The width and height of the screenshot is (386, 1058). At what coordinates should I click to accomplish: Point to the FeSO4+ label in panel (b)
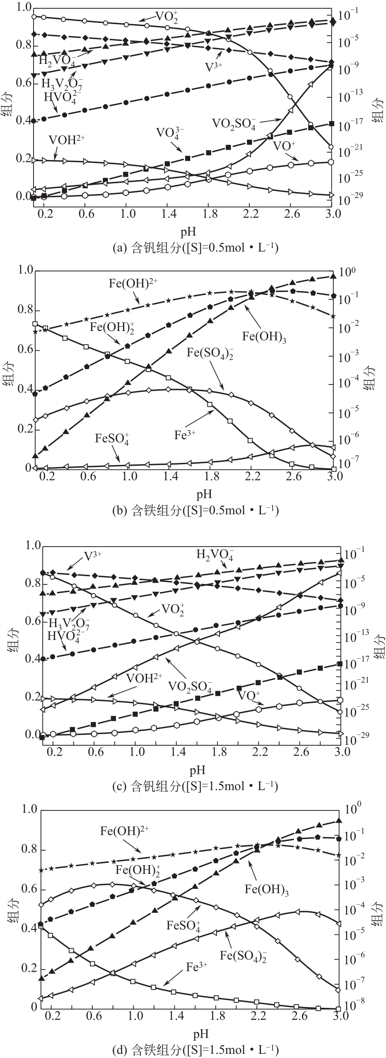[112, 439]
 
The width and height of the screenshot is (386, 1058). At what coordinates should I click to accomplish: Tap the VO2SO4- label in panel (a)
[234, 124]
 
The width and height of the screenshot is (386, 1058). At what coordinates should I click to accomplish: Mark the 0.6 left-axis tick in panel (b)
[24, 350]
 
